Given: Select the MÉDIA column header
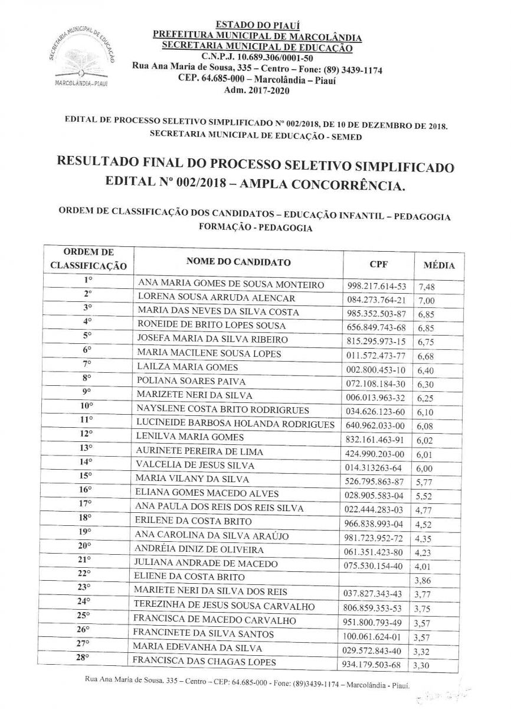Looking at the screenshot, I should (439, 265).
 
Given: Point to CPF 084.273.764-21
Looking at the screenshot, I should (377, 300).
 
